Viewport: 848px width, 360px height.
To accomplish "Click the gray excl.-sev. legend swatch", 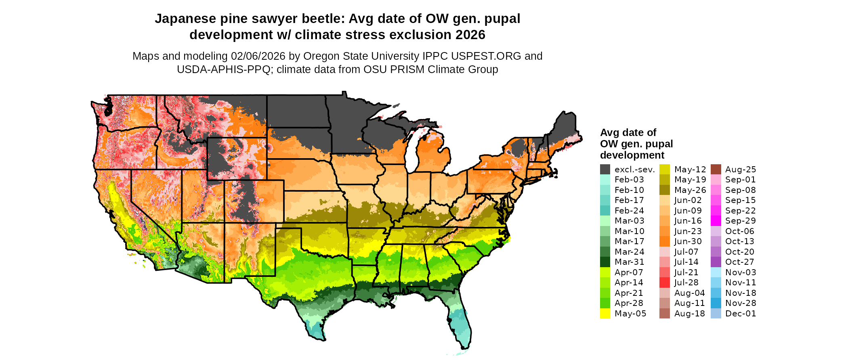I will (x=605, y=170).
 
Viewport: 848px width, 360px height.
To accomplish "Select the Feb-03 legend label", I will (x=629, y=180).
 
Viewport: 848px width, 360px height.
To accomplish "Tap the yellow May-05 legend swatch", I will (x=605, y=314).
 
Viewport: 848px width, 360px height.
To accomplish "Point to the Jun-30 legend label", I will (x=688, y=241).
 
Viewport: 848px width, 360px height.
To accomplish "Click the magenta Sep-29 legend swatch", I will (x=716, y=221).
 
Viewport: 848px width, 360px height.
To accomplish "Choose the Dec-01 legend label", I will (x=741, y=314).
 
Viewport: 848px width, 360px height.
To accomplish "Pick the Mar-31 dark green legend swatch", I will (x=605, y=262).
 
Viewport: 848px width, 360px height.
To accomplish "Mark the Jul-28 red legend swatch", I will (x=664, y=283).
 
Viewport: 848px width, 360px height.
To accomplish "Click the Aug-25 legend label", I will (x=741, y=170).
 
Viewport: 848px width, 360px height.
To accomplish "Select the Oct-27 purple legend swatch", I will (x=716, y=262).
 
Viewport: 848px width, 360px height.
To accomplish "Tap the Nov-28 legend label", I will (x=741, y=303).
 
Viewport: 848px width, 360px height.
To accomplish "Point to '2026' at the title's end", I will (x=470, y=35).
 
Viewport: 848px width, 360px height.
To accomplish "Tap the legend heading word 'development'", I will (x=632, y=155).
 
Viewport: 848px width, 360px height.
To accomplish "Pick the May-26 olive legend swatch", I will (x=664, y=190).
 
